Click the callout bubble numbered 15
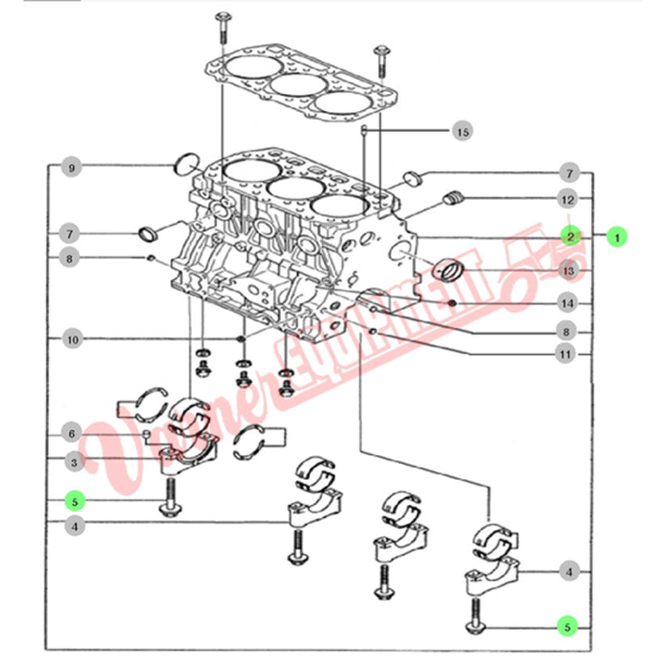462,130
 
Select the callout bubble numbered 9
72,168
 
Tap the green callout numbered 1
618,237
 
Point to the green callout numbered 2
571,236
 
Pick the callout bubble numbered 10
72,339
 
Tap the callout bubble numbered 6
72,433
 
